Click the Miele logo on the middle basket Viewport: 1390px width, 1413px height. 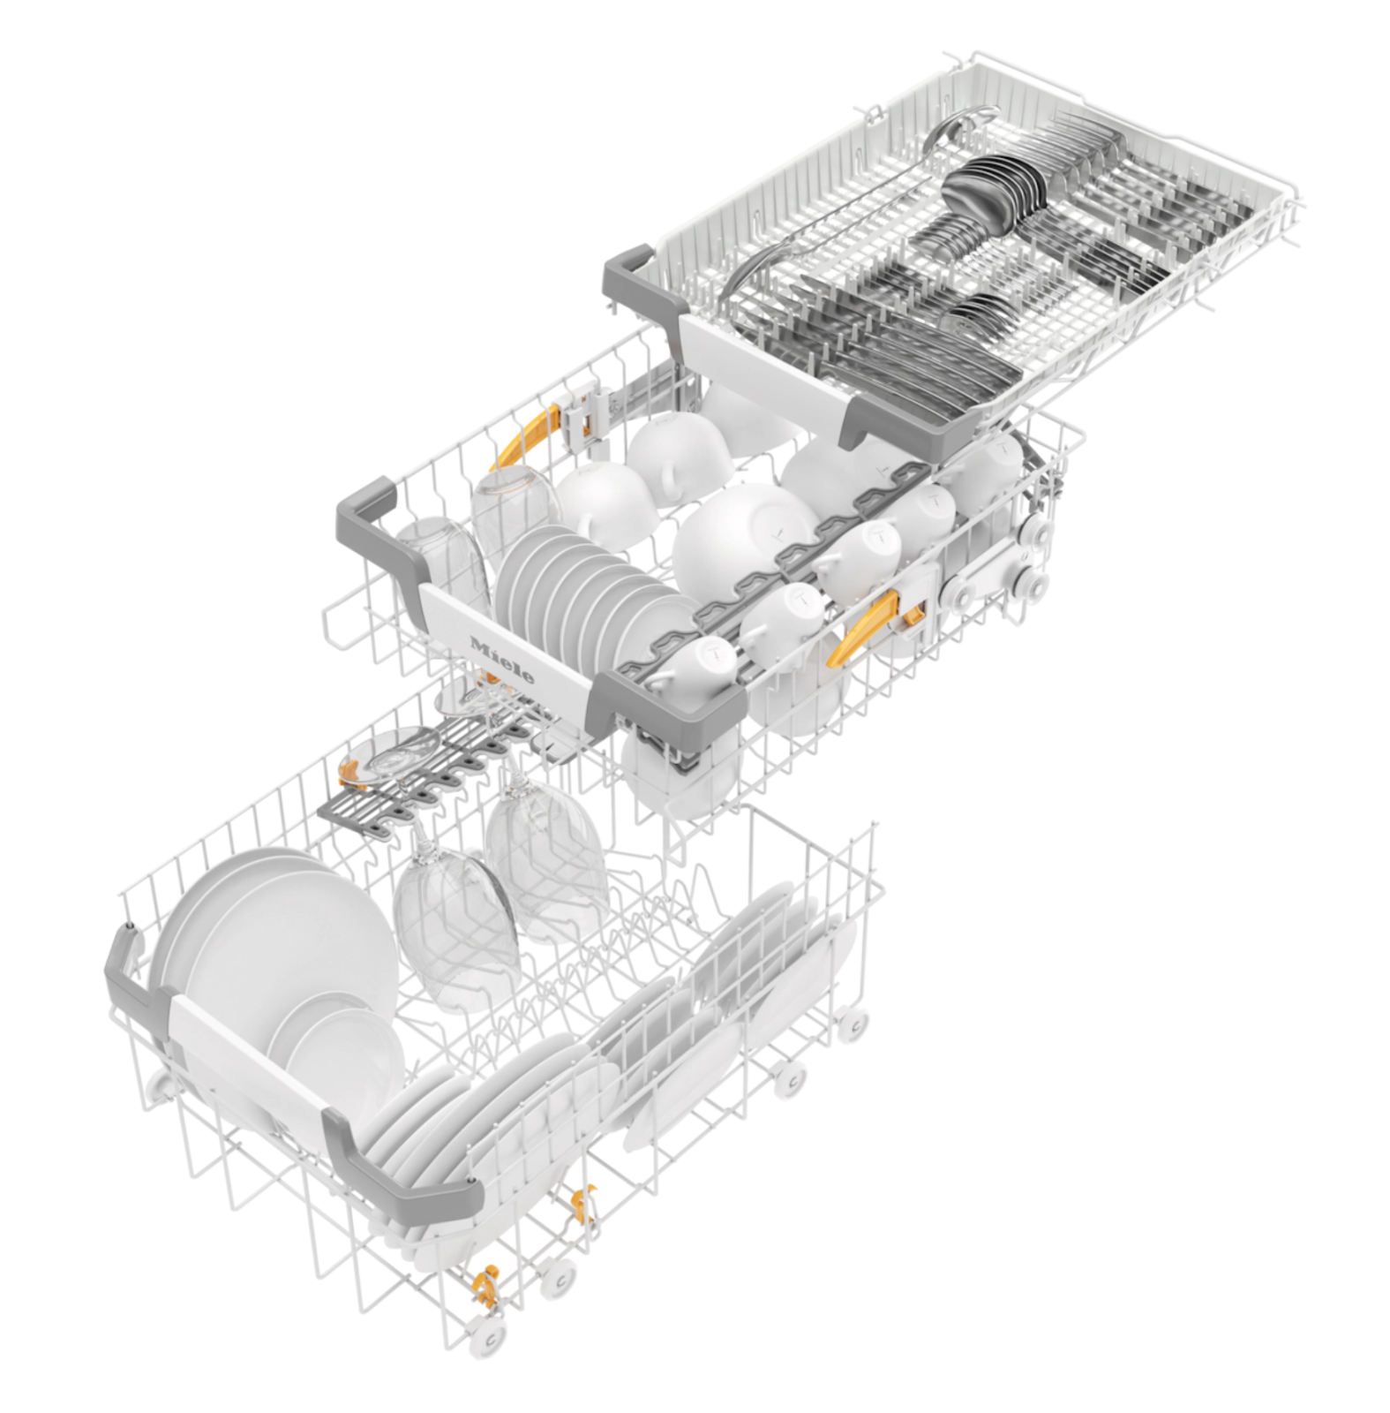[501, 658]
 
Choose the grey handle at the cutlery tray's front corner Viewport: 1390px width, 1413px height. [891, 419]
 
